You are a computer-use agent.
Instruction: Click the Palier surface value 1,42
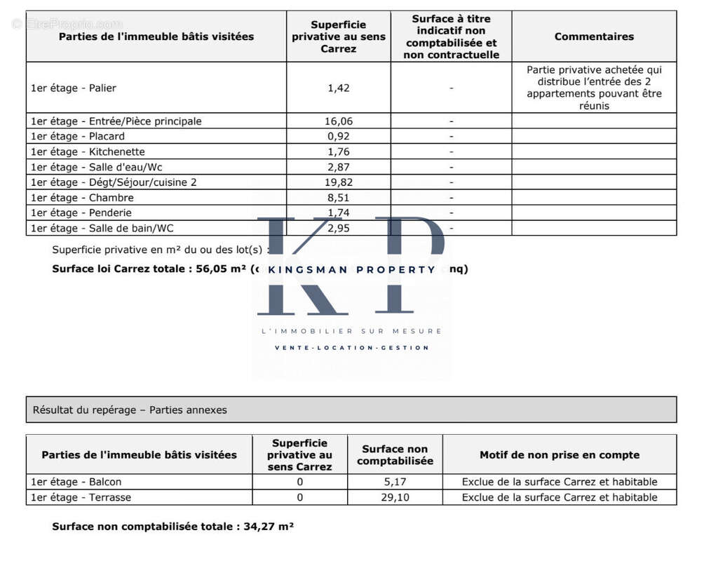click(338, 88)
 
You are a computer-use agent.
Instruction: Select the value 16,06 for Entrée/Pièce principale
click(338, 121)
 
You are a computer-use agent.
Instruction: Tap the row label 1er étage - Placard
click(78, 137)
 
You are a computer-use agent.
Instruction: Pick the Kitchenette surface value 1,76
click(338, 152)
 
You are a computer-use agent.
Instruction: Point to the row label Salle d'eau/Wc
click(97, 168)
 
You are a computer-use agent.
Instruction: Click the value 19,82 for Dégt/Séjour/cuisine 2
click(338, 182)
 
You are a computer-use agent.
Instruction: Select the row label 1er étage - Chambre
click(82, 198)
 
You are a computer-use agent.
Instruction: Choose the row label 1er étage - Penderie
click(81, 213)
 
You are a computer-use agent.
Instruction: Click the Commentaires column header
click(594, 36)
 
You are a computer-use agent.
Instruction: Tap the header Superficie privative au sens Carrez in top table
click(338, 36)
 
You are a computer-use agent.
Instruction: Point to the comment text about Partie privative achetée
click(594, 88)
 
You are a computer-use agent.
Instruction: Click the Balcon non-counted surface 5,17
click(395, 482)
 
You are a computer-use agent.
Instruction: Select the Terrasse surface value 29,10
click(395, 497)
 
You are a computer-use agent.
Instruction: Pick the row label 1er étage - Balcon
click(76, 482)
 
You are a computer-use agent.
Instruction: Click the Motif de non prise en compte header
click(560, 455)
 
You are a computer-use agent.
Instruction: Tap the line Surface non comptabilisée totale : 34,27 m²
click(172, 527)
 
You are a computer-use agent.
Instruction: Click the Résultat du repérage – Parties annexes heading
click(130, 410)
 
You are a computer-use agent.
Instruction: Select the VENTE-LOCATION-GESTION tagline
click(351, 348)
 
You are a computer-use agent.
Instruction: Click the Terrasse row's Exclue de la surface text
click(560, 497)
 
